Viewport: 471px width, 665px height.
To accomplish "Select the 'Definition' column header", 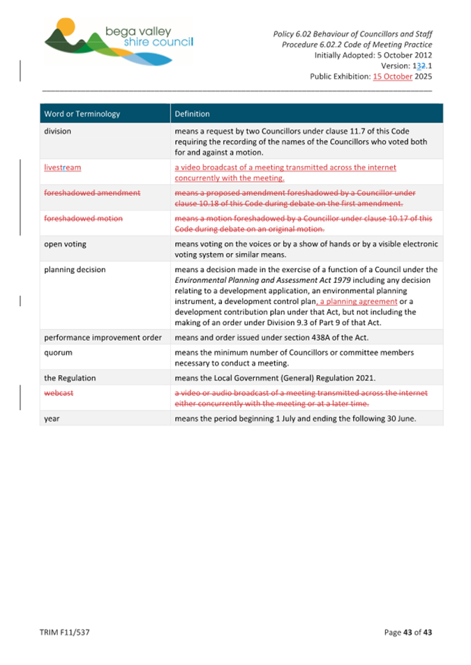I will click(x=192, y=114).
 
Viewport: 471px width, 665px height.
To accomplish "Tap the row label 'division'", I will click(x=57, y=130).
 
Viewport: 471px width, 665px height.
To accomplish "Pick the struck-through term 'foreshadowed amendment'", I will click(x=91, y=193).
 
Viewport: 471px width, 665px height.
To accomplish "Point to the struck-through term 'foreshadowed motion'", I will click(x=83, y=218).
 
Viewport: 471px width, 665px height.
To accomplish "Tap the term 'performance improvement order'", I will click(x=102, y=337).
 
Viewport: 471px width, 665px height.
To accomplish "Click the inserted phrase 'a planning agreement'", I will click(x=358, y=302).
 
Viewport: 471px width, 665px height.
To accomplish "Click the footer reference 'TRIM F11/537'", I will click(x=65, y=632).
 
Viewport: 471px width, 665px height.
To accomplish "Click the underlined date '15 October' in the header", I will click(x=393, y=77).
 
